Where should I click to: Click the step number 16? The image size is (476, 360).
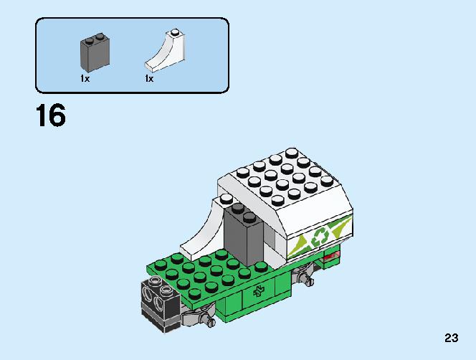click(x=51, y=115)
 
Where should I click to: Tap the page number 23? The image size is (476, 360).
click(x=452, y=338)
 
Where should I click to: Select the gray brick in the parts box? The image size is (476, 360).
click(x=95, y=53)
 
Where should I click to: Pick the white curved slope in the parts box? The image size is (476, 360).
click(x=166, y=51)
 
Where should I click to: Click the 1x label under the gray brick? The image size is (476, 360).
click(x=85, y=79)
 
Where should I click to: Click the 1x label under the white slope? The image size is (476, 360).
click(x=149, y=79)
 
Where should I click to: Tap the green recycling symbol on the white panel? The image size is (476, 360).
click(x=319, y=237)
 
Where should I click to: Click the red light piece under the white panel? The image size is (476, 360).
click(x=331, y=258)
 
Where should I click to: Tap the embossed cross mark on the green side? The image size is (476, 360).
click(x=259, y=292)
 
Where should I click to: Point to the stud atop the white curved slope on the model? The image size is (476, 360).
click(x=226, y=199)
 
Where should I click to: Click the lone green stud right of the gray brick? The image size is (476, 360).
click(x=261, y=267)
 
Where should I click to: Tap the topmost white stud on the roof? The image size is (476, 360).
click(x=292, y=153)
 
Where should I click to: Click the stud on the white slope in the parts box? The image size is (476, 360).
click(x=174, y=32)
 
